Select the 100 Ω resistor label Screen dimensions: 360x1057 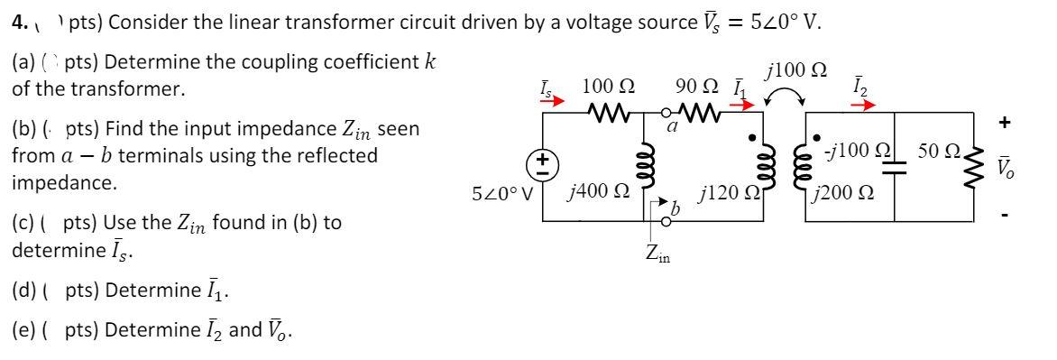pyautogui.click(x=606, y=88)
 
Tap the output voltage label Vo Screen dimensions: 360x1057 pyautogui.click(x=1028, y=169)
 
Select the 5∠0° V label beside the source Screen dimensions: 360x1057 pyautogui.click(x=503, y=192)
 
